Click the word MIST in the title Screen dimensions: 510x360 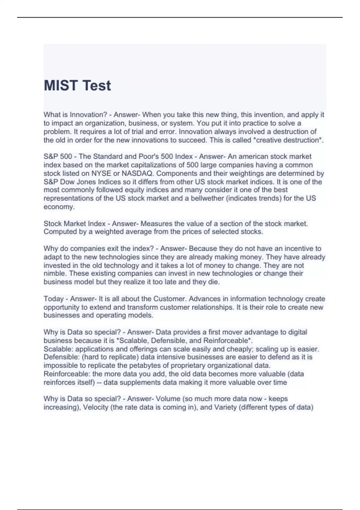point(61,86)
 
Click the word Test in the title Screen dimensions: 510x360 point(97,86)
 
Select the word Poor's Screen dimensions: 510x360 point(147,157)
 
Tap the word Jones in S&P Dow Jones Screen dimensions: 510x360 point(87,182)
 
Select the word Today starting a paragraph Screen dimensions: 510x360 point(54,299)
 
